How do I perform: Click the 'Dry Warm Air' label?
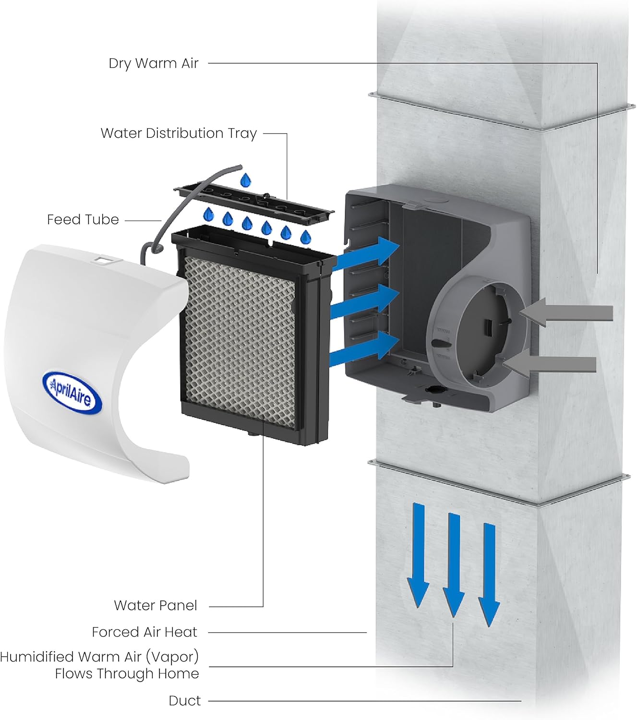click(x=153, y=63)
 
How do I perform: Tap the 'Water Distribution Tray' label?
click(x=179, y=133)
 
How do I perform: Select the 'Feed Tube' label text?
click(x=83, y=219)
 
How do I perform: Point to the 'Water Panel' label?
click(x=156, y=605)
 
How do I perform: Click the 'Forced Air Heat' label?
click(x=144, y=632)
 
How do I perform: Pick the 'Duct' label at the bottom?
click(x=185, y=701)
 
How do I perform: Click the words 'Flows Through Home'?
click(x=127, y=673)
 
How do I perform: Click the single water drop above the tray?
click(x=246, y=180)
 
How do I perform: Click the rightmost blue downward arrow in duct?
click(x=489, y=574)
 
